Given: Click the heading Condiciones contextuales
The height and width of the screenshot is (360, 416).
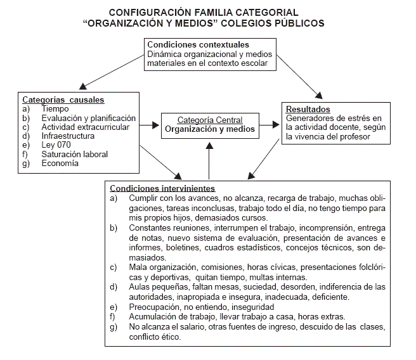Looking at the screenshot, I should [198, 45].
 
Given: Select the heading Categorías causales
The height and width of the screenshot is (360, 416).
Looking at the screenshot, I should [63, 100].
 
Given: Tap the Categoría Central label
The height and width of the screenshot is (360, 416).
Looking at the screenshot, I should [210, 120].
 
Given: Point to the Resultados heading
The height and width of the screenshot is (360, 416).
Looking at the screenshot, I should [308, 109].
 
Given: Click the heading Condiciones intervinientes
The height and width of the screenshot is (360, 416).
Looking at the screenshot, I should [162, 188].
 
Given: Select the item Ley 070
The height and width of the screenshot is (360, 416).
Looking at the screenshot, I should [55, 145].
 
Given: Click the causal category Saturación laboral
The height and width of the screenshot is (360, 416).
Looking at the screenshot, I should [74, 154].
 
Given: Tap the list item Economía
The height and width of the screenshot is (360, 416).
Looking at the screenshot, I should [60, 163].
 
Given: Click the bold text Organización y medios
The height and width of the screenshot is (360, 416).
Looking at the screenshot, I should [210, 129].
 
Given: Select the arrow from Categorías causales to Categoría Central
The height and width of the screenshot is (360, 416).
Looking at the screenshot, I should [148, 125].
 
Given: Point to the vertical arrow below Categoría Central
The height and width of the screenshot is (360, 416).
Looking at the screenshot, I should [209, 162].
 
